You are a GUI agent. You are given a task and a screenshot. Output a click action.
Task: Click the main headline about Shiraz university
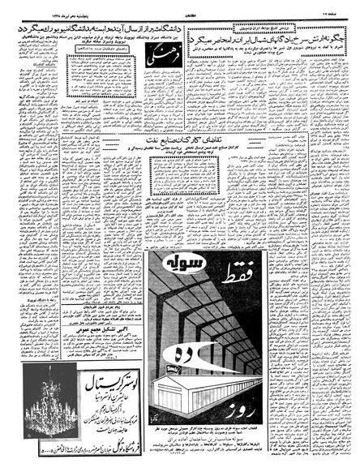[x=89, y=27]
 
